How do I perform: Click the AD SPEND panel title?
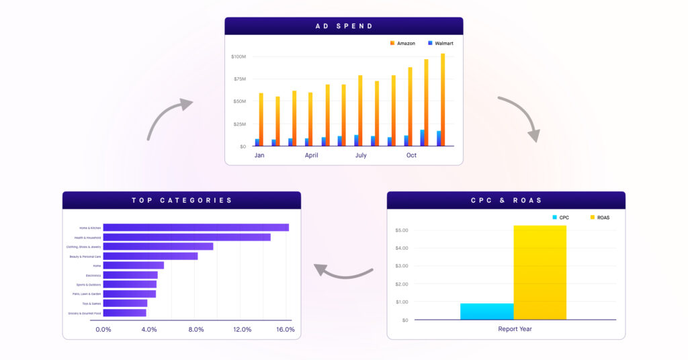[344, 26]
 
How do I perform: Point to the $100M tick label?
[238, 56]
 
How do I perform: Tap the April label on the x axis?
[311, 155]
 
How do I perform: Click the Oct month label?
[411, 155]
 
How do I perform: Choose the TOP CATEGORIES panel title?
[181, 200]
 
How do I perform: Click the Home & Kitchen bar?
[196, 228]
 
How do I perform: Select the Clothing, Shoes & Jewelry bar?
[158, 246]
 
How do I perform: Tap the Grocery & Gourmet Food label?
[84, 313]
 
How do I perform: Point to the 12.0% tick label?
[242, 330]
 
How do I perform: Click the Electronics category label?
[93, 275]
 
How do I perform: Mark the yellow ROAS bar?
[540, 272]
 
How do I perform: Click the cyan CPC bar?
[487, 311]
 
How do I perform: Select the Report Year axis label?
[515, 329]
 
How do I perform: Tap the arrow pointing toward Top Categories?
[343, 271]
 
